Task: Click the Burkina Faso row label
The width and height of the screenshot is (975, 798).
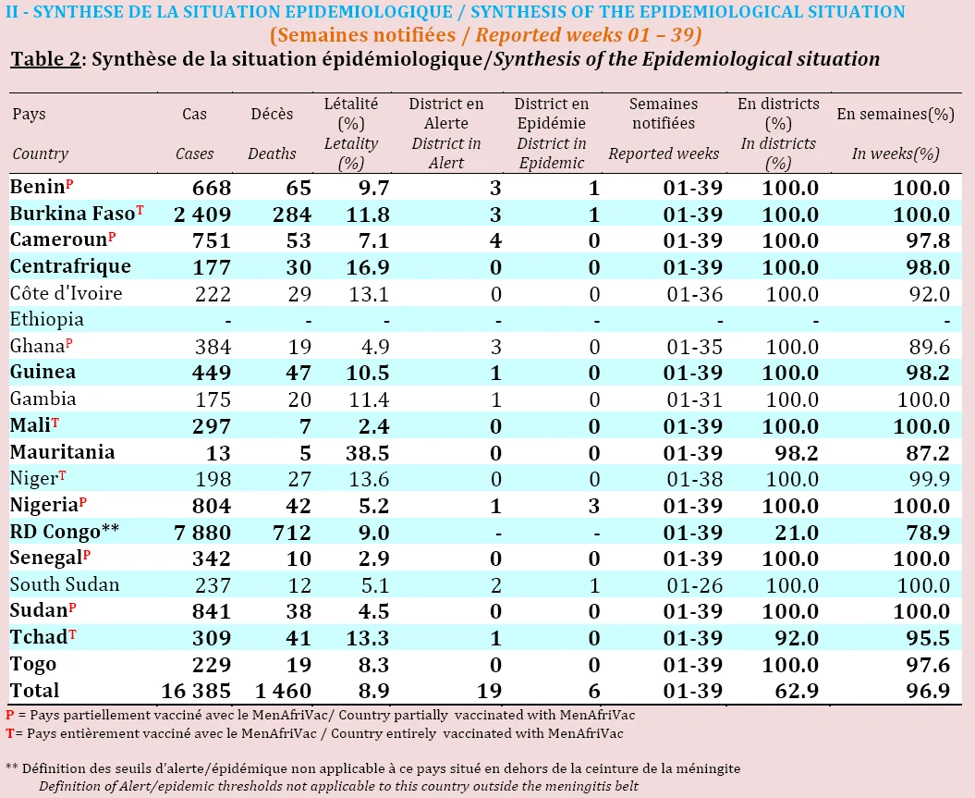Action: click(73, 214)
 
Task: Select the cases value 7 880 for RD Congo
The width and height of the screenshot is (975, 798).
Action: click(202, 533)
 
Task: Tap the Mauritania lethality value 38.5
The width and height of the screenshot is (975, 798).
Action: click(368, 453)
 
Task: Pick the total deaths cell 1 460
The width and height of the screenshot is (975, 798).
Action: click(284, 691)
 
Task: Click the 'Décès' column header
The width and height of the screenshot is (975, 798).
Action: click(272, 114)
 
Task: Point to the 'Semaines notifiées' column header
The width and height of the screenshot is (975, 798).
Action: click(664, 113)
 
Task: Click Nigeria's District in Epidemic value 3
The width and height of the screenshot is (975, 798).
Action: click(594, 506)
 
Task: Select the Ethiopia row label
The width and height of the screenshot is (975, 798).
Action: click(46, 319)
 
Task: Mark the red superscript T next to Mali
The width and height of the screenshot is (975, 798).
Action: click(55, 423)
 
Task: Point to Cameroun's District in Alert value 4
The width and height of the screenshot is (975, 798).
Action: click(495, 240)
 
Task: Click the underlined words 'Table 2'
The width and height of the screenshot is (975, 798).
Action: click(46, 59)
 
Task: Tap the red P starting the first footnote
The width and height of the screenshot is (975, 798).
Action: click(10, 716)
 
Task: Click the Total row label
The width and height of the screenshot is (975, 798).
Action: click(34, 691)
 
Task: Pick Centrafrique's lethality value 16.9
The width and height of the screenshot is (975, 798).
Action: click(368, 267)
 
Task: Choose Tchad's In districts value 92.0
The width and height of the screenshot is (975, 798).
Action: click(791, 638)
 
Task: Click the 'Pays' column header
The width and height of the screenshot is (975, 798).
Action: click(29, 115)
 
